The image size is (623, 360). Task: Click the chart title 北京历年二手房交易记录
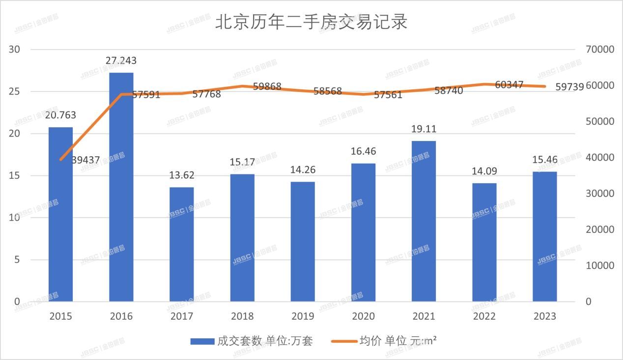pyautogui.click(x=311, y=22)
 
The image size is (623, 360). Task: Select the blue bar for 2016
pyautogui.click(x=121, y=187)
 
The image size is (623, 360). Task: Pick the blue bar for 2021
pyautogui.click(x=424, y=221)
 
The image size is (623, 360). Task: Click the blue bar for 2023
pyautogui.click(x=545, y=236)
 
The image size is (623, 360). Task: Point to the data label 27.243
pyautogui.click(x=121, y=61)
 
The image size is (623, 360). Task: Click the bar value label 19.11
pyautogui.click(x=424, y=129)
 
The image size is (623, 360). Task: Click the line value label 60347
pyautogui.click(x=509, y=85)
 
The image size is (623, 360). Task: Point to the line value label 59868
pyautogui.click(x=267, y=86)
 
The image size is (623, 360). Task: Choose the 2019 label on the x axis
pyautogui.click(x=303, y=316)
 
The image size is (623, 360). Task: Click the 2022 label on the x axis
pyautogui.click(x=484, y=316)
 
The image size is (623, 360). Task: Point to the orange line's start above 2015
pyautogui.click(x=60, y=160)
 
